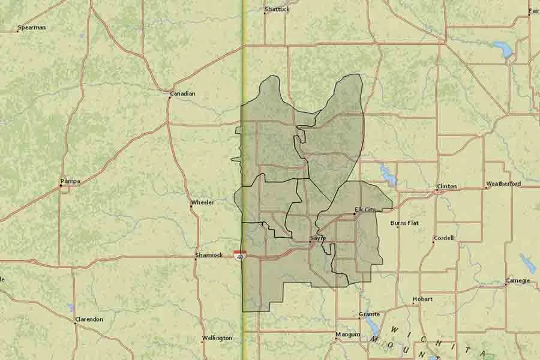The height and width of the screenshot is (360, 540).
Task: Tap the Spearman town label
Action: coord(31,28)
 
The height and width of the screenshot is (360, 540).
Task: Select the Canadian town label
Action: coord(182,94)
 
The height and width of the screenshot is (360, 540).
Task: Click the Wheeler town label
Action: coord(202,202)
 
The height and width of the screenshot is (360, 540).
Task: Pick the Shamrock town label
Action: coord(209,255)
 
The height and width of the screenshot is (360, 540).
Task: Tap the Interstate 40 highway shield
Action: coord(239,256)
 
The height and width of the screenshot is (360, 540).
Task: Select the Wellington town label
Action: coord(217,338)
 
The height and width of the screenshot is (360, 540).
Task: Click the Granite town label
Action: coord(369,314)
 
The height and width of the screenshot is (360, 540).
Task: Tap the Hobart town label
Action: coord(422,299)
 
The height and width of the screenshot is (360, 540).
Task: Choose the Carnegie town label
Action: coord(518,280)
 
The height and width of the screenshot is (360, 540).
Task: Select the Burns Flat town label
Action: coord(404,223)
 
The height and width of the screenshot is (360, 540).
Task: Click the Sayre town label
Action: coord(318,238)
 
